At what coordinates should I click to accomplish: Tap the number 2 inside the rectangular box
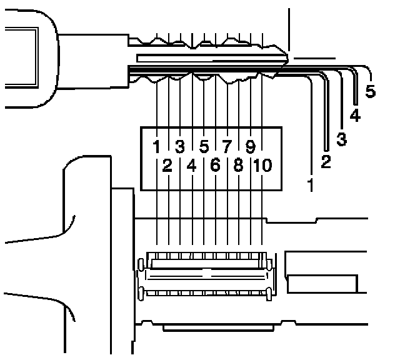coord(167,166)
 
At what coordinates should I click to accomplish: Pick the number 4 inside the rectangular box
coord(191,166)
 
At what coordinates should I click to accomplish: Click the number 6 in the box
coord(215,166)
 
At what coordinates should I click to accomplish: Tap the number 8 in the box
coord(239,166)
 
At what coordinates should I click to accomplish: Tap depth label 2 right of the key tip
coord(326,162)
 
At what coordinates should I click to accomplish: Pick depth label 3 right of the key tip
coord(341,139)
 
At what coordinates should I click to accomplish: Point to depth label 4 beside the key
coord(355,116)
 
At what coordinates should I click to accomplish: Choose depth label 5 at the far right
coord(370,91)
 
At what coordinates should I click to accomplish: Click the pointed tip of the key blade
coord(288,59)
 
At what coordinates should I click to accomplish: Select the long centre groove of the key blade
coord(206,57)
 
